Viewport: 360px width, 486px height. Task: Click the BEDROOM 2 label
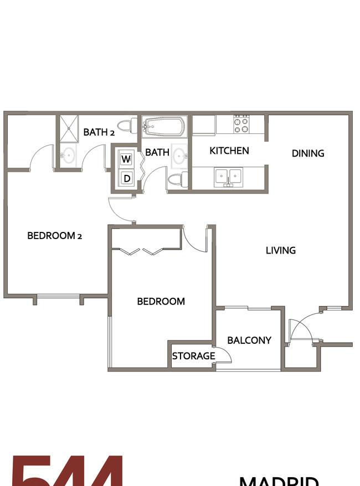[x=55, y=236]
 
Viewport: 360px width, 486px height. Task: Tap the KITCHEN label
[x=229, y=151]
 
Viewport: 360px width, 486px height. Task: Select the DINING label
[x=308, y=153]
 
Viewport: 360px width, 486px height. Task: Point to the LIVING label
[x=281, y=250]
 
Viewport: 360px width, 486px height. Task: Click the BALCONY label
[x=249, y=340]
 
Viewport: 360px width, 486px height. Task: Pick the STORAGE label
[x=193, y=356]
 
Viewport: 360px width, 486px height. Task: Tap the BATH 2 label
[x=99, y=132]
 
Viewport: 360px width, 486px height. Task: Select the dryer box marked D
[x=126, y=178]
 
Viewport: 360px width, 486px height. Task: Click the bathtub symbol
[x=164, y=127]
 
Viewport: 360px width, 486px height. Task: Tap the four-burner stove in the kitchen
[x=241, y=125]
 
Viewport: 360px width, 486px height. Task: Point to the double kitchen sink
[x=228, y=177]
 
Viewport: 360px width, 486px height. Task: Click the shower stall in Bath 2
[x=69, y=129]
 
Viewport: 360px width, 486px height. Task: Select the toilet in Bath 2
[x=129, y=126]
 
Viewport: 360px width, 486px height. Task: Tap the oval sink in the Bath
[x=179, y=157]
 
